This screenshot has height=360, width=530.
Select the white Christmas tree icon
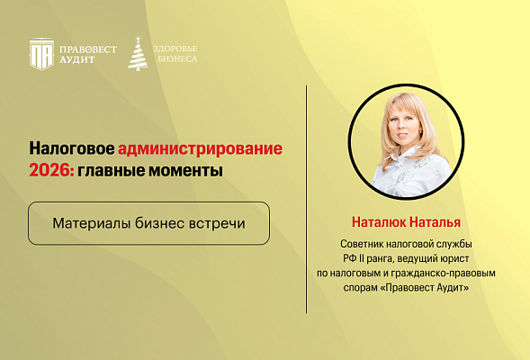tap(139, 53)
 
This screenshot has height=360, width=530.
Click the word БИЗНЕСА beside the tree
tap(175, 59)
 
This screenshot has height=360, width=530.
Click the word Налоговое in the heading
tap(71, 148)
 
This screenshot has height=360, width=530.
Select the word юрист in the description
tap(460, 258)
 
